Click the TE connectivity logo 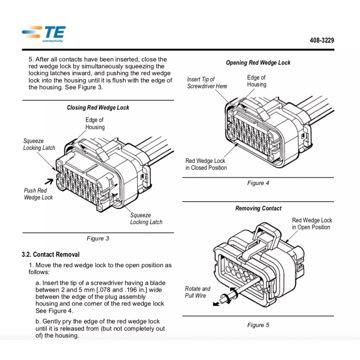pyautogui.click(x=44, y=34)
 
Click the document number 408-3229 pyautogui.click(x=321, y=40)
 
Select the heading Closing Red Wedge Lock pyautogui.click(x=98, y=108)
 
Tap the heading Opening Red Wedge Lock pyautogui.click(x=258, y=63)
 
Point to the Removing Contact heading pyautogui.click(x=258, y=208)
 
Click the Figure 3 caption pyautogui.click(x=98, y=238)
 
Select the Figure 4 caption pyautogui.click(x=258, y=183)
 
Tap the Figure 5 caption pyautogui.click(x=258, y=325)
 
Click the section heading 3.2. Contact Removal pyautogui.click(x=50, y=254)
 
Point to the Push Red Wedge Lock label pyautogui.click(x=38, y=194)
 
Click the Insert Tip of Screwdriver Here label pyautogui.click(x=207, y=83)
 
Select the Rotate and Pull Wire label pyautogui.click(x=198, y=292)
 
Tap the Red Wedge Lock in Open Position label pyautogui.click(x=312, y=224)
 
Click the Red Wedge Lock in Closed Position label pyautogui.click(x=206, y=164)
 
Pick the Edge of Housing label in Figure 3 pyautogui.click(x=95, y=123)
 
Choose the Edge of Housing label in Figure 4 pyautogui.click(x=256, y=81)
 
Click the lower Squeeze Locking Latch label pyautogui.click(x=146, y=219)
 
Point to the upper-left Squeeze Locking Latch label pyautogui.click(x=39, y=144)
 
